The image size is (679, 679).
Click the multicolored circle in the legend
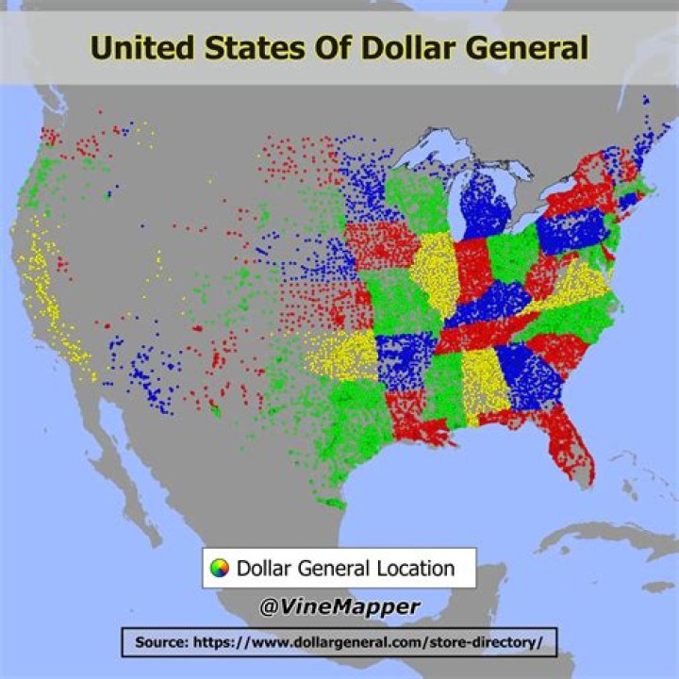coord(220,569)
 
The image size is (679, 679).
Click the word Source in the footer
coord(162,643)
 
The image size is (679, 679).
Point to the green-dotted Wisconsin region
coord(415,198)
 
